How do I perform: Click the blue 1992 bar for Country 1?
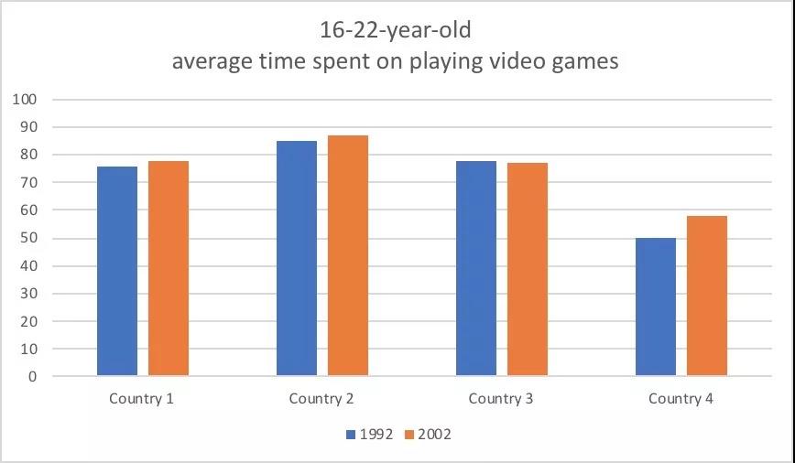click(x=117, y=271)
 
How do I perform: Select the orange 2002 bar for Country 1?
click(x=169, y=268)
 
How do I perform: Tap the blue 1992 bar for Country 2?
click(x=297, y=258)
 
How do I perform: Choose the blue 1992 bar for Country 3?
click(x=476, y=268)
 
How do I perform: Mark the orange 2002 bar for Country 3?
click(x=528, y=269)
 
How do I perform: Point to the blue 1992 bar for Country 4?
click(x=656, y=307)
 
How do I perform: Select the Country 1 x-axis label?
click(x=142, y=399)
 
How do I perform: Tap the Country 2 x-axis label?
click(x=321, y=399)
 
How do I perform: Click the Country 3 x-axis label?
click(x=501, y=399)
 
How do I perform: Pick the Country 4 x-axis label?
click(x=681, y=399)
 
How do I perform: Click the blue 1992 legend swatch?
click(x=351, y=435)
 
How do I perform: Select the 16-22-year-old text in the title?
click(x=396, y=30)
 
